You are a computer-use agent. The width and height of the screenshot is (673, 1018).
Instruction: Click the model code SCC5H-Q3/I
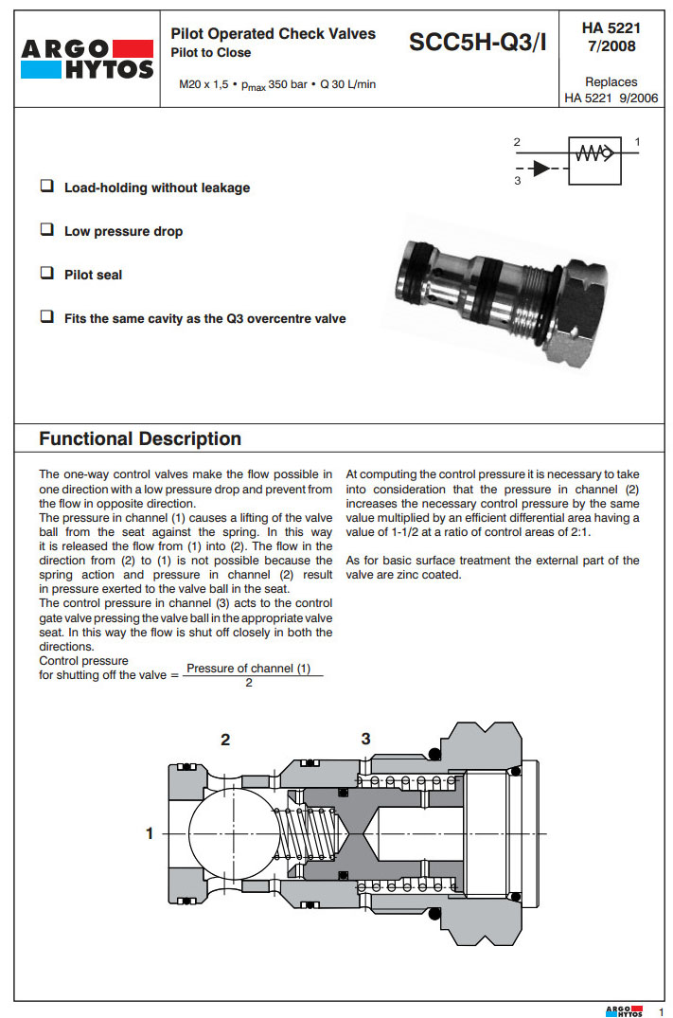478,43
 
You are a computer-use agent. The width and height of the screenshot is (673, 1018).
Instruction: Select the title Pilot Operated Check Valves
273,34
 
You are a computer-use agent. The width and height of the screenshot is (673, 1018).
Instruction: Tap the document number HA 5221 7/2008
611,37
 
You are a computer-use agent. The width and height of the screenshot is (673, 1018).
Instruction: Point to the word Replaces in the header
611,82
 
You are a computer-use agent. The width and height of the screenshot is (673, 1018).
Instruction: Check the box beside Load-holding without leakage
46,187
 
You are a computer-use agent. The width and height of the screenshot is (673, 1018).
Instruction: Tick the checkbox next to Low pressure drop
46,230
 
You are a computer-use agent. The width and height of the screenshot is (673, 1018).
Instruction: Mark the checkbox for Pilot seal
46,274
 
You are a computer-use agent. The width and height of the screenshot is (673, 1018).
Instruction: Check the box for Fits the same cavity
46,317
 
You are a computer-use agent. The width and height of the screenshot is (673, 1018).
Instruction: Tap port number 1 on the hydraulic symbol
637,142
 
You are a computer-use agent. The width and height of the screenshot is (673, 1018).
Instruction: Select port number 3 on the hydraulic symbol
518,180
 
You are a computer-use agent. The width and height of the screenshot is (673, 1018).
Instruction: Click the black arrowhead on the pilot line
540,168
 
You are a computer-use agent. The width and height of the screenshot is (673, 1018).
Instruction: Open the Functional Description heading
140,438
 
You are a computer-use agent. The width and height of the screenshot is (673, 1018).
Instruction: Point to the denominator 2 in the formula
248,683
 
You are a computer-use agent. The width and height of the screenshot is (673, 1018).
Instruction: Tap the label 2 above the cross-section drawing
225,740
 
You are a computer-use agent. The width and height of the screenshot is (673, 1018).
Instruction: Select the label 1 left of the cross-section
149,833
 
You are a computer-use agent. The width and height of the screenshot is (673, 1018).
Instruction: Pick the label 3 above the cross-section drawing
365,739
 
